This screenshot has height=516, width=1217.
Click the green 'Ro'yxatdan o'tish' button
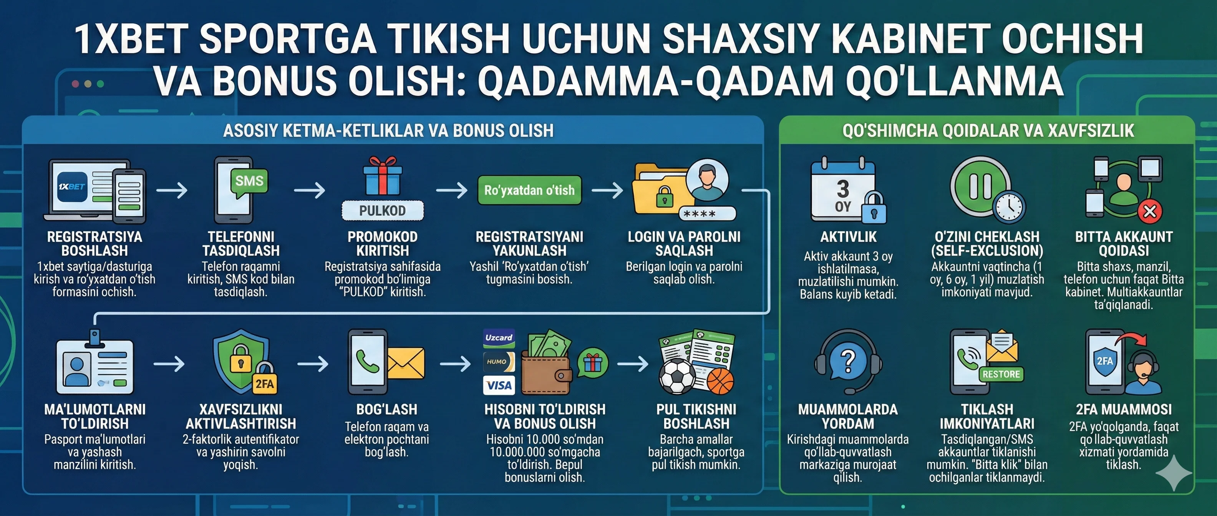coord(529,190)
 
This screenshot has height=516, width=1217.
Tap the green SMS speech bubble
coord(249,181)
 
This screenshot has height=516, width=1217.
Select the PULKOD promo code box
coord(382,210)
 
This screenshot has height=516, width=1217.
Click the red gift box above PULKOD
coord(382,177)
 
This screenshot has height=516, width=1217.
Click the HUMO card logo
coord(498,362)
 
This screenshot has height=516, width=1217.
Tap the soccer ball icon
coord(677,377)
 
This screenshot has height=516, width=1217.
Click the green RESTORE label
coord(1001,374)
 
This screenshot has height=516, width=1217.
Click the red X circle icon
coord(1149,211)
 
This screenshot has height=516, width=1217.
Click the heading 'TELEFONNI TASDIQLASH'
coord(241,243)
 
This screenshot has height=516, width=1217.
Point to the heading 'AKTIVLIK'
coord(848,237)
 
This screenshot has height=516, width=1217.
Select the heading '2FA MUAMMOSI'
coord(1123,409)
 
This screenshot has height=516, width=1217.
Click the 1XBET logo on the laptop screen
coord(72,187)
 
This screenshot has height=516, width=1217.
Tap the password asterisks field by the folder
coord(707,214)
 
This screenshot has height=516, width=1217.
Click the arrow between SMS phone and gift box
coord(310,190)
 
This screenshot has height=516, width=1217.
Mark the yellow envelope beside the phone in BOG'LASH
coord(406,364)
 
